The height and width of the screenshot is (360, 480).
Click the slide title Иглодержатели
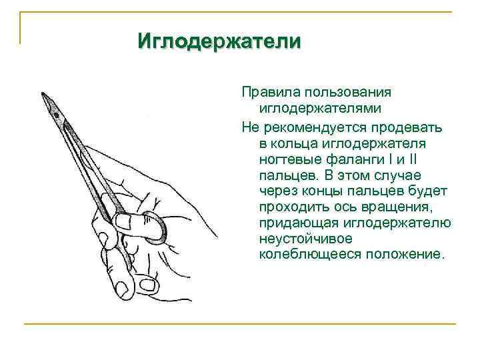219,41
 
